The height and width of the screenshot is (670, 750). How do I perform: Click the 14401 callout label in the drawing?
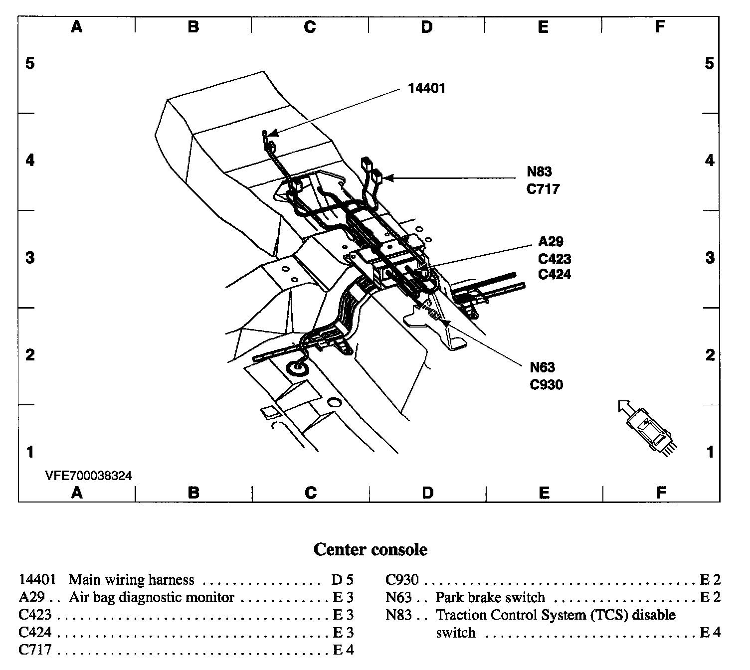(426, 88)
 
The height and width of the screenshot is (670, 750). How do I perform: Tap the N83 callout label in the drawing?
(540, 172)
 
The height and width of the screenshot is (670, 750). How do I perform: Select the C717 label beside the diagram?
(543, 189)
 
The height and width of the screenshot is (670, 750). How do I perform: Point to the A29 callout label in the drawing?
(551, 242)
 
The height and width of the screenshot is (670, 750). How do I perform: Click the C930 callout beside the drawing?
(546, 385)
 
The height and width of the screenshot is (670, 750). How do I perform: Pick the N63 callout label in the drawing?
(542, 368)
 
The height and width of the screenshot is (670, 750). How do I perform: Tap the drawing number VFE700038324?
(89, 476)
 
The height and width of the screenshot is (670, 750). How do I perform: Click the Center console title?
(370, 549)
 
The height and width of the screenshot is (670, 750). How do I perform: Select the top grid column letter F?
(660, 26)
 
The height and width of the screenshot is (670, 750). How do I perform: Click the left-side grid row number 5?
(30, 63)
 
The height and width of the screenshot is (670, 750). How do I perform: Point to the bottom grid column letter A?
(76, 493)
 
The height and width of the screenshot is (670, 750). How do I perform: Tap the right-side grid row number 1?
(710, 452)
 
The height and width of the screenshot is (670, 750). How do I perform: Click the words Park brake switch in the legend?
(490, 597)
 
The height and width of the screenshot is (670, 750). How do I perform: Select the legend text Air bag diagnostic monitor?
(152, 597)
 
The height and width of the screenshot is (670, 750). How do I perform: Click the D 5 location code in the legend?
(342, 580)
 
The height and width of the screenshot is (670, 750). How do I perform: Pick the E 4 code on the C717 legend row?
(343, 650)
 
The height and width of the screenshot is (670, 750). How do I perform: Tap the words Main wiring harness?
(131, 580)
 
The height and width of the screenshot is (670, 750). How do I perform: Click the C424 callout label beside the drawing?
(554, 274)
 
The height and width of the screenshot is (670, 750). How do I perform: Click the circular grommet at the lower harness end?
(298, 368)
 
